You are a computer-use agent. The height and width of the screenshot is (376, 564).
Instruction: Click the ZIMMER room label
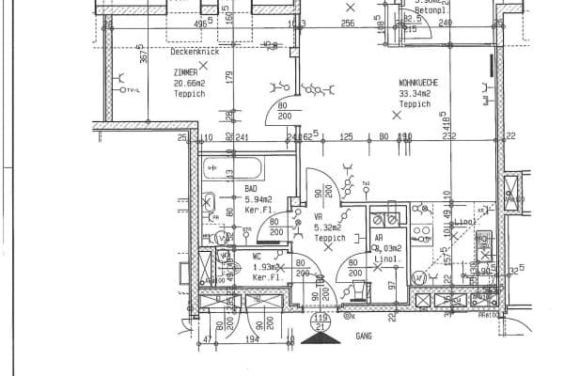[x=186, y=72]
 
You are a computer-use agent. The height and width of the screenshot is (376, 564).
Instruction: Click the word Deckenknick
[x=195, y=53]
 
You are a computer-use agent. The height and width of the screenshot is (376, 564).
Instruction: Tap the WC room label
[x=257, y=256]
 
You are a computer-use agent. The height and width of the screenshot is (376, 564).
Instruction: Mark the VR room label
[x=319, y=216]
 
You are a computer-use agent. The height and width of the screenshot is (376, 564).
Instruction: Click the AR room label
[x=379, y=239]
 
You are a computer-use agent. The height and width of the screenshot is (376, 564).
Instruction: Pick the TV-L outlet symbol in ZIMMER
[x=128, y=88]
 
